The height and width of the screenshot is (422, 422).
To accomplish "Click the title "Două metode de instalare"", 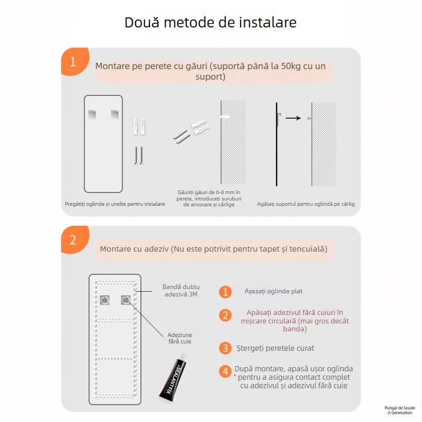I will [210, 23].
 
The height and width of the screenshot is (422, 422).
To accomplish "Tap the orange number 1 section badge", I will [73, 62].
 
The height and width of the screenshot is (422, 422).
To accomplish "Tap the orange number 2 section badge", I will [73, 240].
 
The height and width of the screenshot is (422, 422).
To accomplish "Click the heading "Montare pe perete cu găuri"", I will [210, 72].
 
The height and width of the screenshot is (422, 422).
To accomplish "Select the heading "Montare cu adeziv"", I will [214, 248].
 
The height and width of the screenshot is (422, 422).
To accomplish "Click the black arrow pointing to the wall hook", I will [293, 118].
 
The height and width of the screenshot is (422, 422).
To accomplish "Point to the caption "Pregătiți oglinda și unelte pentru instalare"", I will [115, 204].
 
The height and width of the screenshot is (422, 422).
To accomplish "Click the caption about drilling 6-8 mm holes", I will [209, 198].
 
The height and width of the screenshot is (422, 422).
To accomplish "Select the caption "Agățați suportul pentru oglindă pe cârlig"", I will [306, 204].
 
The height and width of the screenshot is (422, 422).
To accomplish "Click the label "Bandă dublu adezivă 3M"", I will [180, 291].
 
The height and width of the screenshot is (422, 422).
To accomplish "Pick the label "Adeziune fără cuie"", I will [180, 338].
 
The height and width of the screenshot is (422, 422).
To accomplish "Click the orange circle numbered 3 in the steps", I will [226, 348].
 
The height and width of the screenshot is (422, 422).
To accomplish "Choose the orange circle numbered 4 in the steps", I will [226, 372].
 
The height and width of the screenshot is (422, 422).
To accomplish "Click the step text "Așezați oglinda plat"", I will [273, 291].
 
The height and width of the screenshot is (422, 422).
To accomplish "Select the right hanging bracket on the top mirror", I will [114, 113].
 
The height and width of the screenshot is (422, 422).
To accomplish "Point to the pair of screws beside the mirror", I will [138, 156].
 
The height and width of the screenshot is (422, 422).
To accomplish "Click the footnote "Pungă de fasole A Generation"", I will [400, 410].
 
